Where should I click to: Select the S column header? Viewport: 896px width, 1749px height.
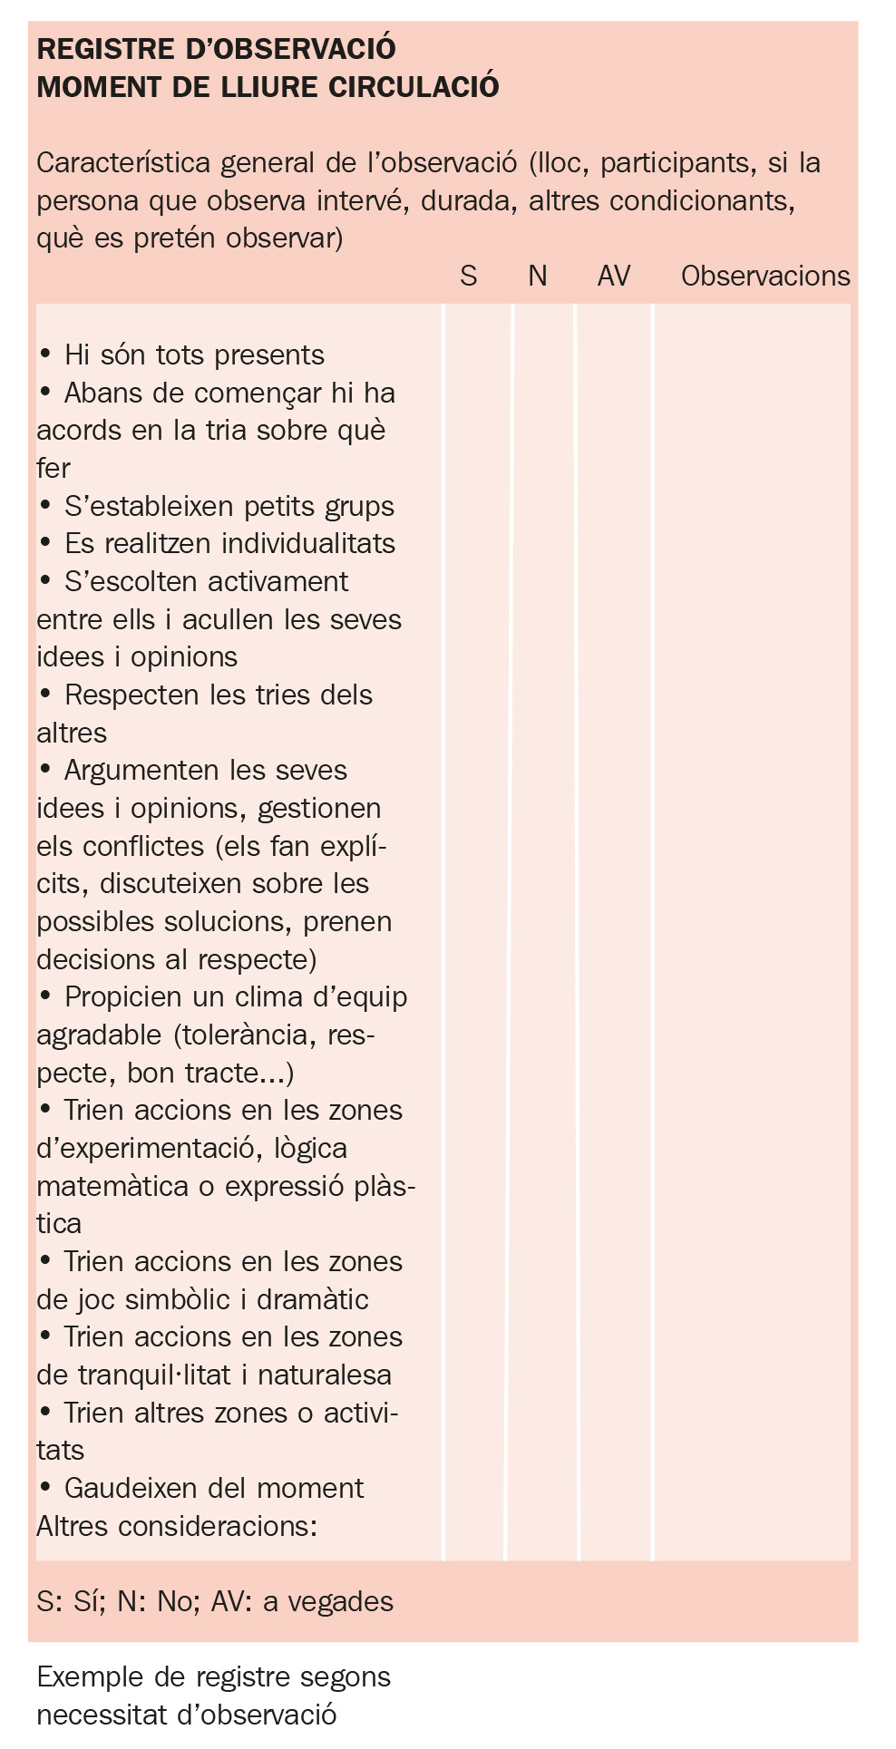pyautogui.click(x=468, y=276)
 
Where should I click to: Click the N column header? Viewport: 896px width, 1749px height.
pyautogui.click(x=538, y=276)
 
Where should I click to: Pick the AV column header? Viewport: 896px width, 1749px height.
pyautogui.click(x=614, y=276)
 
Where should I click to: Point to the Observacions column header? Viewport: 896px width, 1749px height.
pyautogui.click(x=765, y=276)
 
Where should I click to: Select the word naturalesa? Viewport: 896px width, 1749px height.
pyautogui.click(x=325, y=1375)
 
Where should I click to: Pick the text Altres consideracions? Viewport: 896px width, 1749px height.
pyautogui.click(x=177, y=1527)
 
